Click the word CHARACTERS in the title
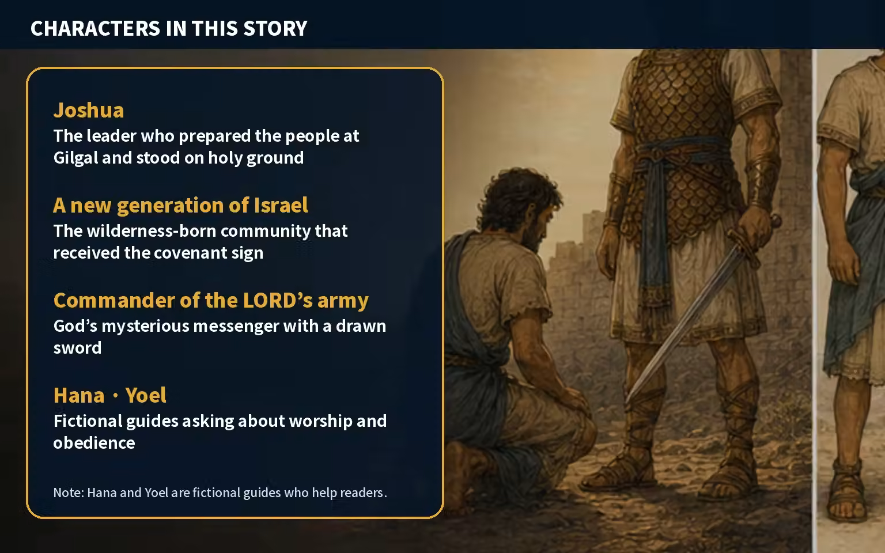tap(95, 28)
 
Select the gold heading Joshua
tap(89, 110)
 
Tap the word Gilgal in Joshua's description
tap(75, 158)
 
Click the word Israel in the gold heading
tap(281, 206)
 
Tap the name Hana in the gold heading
tap(79, 395)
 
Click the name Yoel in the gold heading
tap(146, 395)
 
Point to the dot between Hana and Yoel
tap(115, 396)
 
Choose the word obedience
tap(94, 443)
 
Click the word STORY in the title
tap(275, 28)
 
